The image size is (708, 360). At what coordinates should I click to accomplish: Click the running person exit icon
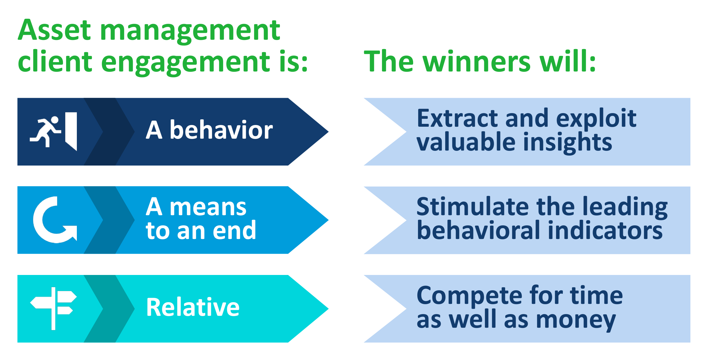point(53,132)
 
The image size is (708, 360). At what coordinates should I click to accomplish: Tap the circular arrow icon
point(54,220)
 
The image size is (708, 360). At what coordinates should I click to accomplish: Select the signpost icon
point(53,308)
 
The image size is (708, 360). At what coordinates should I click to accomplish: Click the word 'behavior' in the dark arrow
point(221,130)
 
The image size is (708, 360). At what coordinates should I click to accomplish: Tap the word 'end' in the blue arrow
point(234,230)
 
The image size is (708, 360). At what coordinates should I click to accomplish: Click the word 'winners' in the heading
point(476,62)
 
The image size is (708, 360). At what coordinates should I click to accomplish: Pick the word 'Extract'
point(457,118)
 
